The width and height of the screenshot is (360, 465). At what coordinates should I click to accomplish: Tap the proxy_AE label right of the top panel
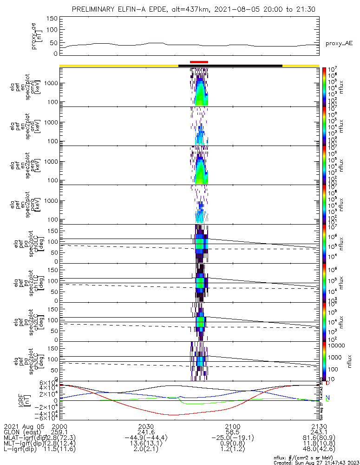tap(339, 44)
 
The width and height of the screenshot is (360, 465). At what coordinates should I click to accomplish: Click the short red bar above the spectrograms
tap(199, 61)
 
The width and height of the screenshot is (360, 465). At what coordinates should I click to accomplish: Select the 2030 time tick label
tap(146, 426)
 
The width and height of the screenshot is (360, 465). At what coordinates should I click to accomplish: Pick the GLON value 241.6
tap(146, 432)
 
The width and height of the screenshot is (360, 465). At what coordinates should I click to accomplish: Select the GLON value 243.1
tap(319, 432)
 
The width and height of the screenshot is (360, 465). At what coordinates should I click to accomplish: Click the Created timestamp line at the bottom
tap(316, 462)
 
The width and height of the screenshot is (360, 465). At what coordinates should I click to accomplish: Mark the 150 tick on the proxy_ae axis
tap(52, 18)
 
